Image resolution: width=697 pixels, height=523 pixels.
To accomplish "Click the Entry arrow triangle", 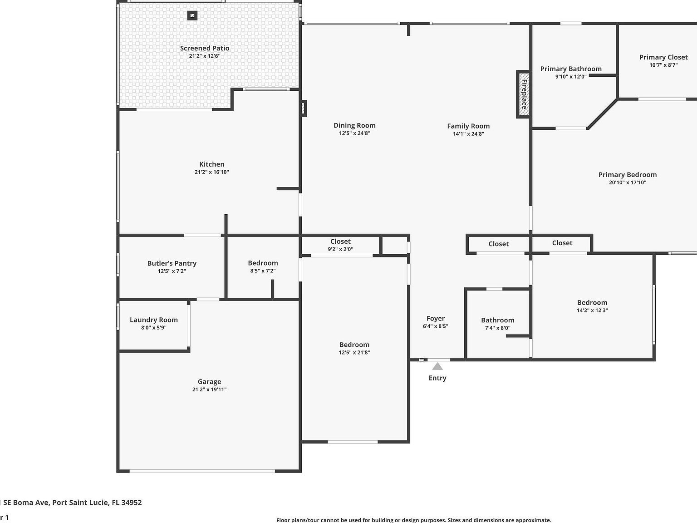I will pos(437,366).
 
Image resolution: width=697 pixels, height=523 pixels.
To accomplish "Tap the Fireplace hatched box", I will pos(524,94).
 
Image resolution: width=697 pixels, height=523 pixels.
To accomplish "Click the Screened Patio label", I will pos(205,48).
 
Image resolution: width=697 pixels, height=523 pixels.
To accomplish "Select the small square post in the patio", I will pos(192,16).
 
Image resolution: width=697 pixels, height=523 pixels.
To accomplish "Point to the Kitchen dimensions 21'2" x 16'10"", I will pos(211,172).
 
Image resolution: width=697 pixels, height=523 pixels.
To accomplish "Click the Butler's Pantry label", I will pos(172,263).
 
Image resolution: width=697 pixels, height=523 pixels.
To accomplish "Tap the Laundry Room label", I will pos(154,320).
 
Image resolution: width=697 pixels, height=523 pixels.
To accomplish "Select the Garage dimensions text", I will pos(209,390).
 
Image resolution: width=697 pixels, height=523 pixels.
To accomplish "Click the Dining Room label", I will pos(354,125).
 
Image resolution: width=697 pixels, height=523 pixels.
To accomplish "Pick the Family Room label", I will pos(468,126).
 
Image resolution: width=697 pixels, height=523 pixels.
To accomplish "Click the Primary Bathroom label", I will pos(571,69).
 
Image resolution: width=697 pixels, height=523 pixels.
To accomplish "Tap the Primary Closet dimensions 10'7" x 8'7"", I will pos(663,65).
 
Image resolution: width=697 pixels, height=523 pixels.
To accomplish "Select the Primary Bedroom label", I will pos(628,175).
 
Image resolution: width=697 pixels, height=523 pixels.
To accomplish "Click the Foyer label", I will pos(436,318).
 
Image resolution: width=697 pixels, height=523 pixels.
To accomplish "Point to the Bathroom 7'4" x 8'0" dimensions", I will pos(498,328).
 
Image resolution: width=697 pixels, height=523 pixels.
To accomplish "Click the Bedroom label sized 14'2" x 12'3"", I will pos(592,302).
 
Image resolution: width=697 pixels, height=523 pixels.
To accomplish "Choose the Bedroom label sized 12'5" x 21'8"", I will pos(354,345).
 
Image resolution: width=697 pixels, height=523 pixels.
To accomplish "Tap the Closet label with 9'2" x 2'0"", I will pos(340,242).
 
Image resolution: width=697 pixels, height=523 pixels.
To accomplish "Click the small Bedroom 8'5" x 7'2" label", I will pos(263,263).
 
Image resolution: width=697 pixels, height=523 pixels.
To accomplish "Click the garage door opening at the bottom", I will pos(202,471).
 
